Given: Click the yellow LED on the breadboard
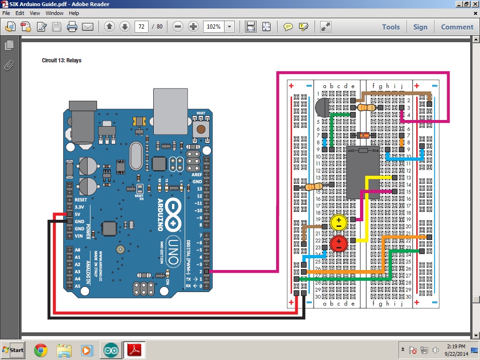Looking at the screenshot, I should pyautogui.click(x=338, y=222).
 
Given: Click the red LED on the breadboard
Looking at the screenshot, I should pyautogui.click(x=338, y=244).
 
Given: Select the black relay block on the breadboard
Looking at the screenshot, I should pyautogui.click(x=362, y=172).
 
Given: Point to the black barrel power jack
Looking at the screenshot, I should pyautogui.click(x=82, y=122).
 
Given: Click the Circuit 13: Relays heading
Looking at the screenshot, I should pyautogui.click(x=62, y=60).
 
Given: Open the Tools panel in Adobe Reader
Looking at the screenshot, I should pyautogui.click(x=390, y=27).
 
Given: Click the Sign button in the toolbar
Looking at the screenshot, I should pyautogui.click(x=420, y=27).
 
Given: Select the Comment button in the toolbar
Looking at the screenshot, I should pyautogui.click(x=457, y=27).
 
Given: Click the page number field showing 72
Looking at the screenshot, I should pyautogui.click(x=141, y=27).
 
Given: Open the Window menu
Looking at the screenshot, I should pyautogui.click(x=54, y=13).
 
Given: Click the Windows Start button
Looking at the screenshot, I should pyautogui.click(x=14, y=350).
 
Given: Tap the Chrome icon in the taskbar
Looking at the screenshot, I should pyautogui.click(x=41, y=350).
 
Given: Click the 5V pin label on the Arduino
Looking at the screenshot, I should pyautogui.click(x=79, y=214).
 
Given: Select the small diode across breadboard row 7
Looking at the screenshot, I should pyautogui.click(x=364, y=135).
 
